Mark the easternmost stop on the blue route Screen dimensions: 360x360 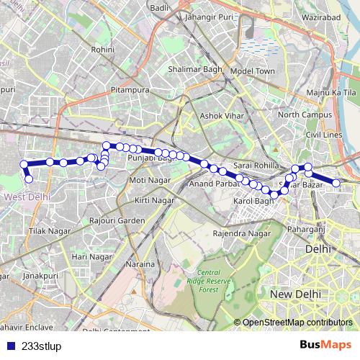[336, 184]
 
